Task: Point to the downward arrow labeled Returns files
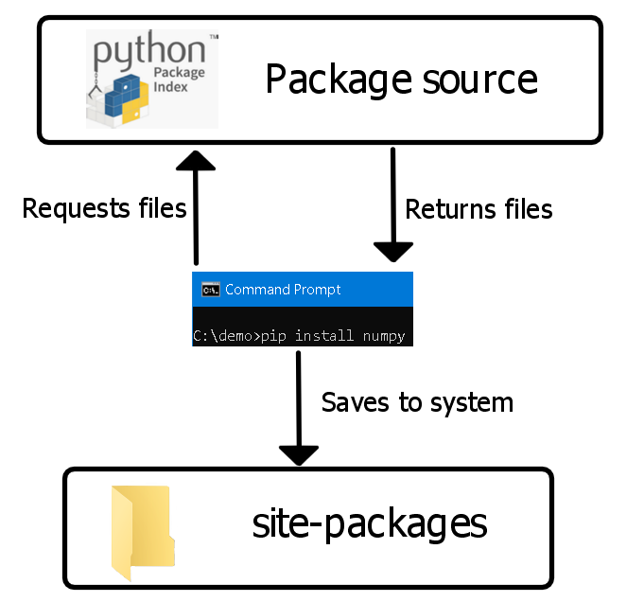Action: click(x=393, y=204)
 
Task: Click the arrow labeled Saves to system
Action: click(x=299, y=407)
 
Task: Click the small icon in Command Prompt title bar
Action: click(x=210, y=290)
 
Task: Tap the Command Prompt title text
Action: click(x=283, y=290)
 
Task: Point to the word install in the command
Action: click(x=326, y=336)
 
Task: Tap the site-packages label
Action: click(x=370, y=523)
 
